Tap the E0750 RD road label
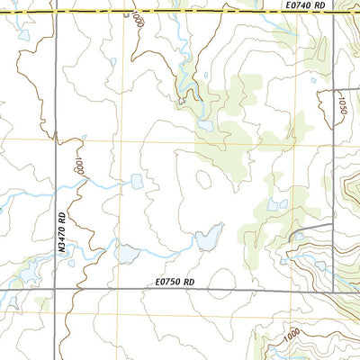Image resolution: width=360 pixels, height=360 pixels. click(x=175, y=281)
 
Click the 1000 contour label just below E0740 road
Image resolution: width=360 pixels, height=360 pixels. click(x=137, y=19)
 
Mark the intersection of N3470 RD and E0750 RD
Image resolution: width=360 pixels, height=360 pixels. click(x=55, y=288)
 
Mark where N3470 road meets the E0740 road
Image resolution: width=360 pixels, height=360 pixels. click(x=55, y=13)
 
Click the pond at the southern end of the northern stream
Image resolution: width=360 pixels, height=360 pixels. click(x=206, y=125)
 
